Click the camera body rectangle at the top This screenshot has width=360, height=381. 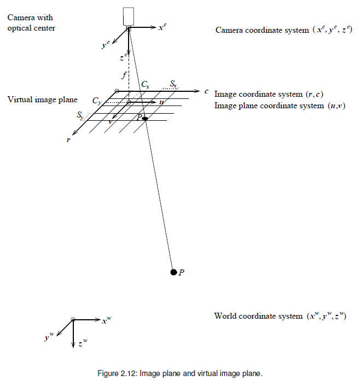tap(129, 16)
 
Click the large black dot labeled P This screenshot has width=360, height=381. tap(173, 272)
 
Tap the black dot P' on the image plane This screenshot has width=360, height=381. tap(145, 119)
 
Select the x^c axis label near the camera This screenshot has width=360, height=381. tap(162, 26)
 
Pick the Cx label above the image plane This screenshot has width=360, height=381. tap(145, 84)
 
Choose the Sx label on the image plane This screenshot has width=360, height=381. tap(173, 84)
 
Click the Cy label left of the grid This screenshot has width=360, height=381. tap(96, 101)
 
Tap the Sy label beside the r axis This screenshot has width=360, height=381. tap(80, 116)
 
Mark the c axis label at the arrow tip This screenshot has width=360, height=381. tap(206, 91)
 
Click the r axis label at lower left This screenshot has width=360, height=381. tap(68, 140)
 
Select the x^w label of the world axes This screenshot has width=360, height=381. tap(107, 320)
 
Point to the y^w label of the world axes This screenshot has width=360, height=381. tap(49, 338)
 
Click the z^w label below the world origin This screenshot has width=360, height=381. tap(83, 343)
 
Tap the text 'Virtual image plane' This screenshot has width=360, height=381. tap(42, 99)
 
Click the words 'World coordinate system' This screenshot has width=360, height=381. tap(258, 316)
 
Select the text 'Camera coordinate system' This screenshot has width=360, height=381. tap(262, 30)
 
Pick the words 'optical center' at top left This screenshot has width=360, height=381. tap(31, 28)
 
